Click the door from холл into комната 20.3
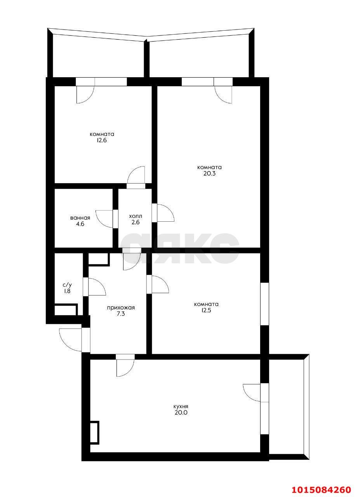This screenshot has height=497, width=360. point(163,212)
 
